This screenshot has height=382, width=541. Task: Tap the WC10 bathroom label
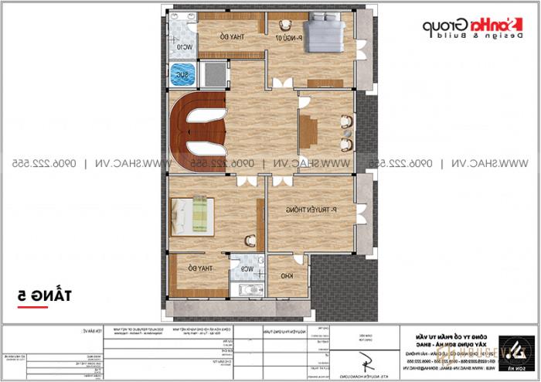(182, 46)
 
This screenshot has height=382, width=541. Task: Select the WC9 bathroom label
(246, 269)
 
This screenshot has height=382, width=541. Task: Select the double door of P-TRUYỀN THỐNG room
(274, 182)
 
